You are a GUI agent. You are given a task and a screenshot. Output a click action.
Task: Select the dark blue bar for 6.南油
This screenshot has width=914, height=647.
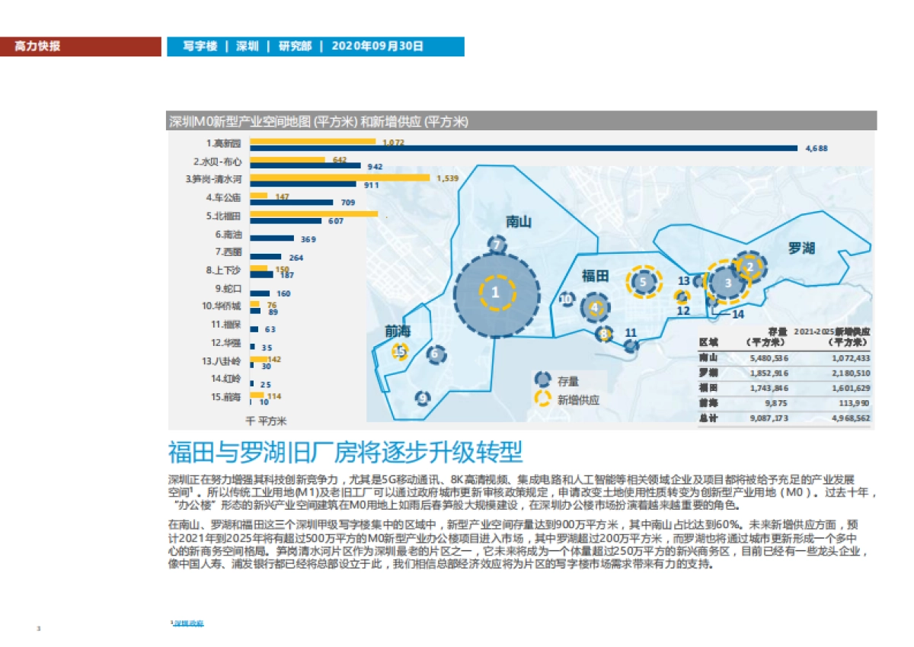pos(272,239)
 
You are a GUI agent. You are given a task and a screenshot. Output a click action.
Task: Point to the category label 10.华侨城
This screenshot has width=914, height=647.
pos(222,306)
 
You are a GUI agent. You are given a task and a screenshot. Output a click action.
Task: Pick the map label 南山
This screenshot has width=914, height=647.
pos(519,222)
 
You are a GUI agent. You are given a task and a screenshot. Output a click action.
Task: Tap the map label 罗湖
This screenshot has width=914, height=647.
pos(801,248)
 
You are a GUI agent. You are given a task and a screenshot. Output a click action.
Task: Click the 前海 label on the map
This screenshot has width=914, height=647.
pos(398,331)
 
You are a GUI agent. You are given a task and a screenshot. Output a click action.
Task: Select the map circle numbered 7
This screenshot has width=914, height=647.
pos(497,245)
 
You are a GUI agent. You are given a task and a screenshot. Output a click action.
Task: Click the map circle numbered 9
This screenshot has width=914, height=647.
pos(423,397)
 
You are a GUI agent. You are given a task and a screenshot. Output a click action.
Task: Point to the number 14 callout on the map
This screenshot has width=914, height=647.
pos(737,313)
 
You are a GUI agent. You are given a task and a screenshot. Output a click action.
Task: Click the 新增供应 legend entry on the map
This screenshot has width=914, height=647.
pos(577,399)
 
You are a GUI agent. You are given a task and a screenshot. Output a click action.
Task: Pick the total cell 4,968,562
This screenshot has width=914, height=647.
pos(850,418)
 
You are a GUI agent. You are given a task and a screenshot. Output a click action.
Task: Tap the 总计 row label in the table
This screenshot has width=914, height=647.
pos(708,418)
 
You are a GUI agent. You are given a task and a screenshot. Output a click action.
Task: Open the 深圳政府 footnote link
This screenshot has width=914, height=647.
pos(188,623)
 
